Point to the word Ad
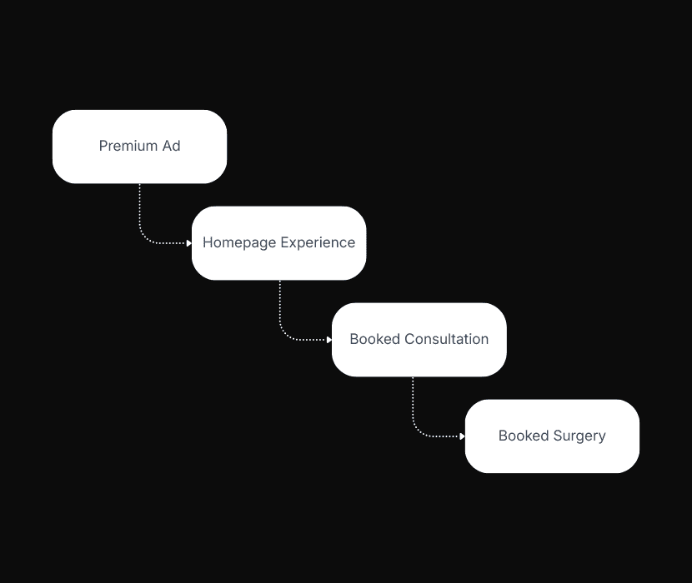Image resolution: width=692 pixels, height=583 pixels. click(x=171, y=146)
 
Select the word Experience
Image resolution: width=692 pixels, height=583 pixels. click(x=318, y=242)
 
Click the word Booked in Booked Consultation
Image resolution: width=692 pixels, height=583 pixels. click(x=375, y=339)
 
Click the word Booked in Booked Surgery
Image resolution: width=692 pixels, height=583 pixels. click(x=524, y=436)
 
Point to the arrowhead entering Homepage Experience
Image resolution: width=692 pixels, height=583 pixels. click(x=189, y=243)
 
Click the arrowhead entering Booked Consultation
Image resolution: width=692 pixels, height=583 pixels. click(x=329, y=340)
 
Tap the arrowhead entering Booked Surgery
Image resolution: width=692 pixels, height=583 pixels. click(x=462, y=436)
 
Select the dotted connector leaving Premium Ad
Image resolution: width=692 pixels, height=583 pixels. click(x=140, y=212)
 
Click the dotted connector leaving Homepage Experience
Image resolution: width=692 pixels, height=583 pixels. click(x=280, y=309)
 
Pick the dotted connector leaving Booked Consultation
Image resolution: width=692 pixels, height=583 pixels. click(x=413, y=406)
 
